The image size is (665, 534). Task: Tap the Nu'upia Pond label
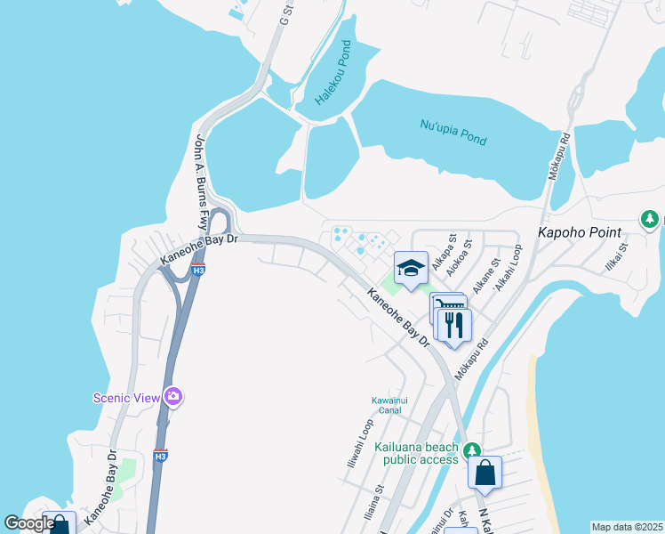tap(453, 133)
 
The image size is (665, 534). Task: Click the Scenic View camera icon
tap(173, 396)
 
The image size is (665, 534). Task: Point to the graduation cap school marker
tap(411, 268)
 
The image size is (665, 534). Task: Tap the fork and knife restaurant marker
tap(454, 325)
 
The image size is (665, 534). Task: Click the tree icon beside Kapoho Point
tap(651, 219)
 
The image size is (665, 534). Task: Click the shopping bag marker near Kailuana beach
tap(485, 473)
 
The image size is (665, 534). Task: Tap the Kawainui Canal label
tap(389, 405)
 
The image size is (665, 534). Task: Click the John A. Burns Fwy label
tap(201, 183)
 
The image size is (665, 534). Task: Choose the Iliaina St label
tap(373, 504)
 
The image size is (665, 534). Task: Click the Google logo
tap(29, 523)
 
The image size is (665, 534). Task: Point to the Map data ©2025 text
tap(627, 527)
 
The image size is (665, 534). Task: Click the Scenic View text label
tap(127, 397)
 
